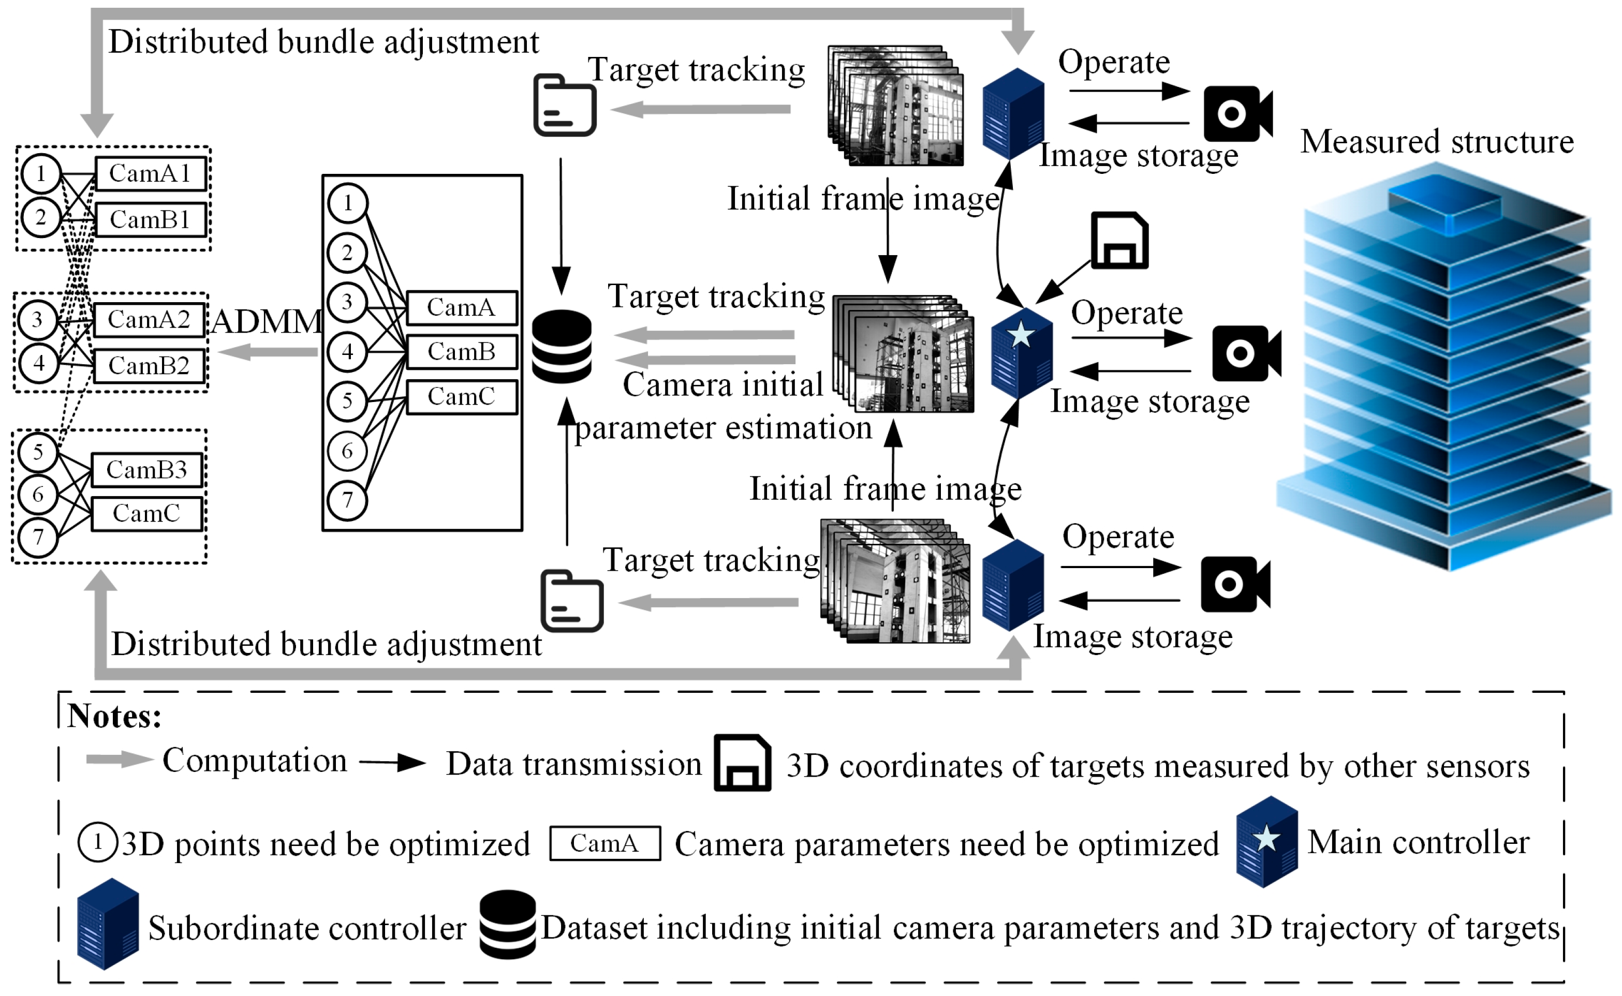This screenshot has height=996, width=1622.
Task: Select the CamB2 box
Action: pos(149,366)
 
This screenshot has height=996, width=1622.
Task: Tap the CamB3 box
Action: pos(146,470)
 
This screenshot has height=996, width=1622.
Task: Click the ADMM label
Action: pos(267,322)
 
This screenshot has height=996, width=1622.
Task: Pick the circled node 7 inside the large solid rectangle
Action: pos(347,501)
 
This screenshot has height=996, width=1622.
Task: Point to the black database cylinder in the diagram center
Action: pos(562,347)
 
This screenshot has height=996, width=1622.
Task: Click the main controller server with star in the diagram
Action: pos(1021,352)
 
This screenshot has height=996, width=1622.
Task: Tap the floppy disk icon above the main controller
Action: pos(1119,241)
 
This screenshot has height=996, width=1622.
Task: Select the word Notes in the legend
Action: pos(114,717)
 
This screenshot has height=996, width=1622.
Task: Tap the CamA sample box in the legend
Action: pos(605,844)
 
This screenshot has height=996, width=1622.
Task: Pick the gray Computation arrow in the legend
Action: pos(119,760)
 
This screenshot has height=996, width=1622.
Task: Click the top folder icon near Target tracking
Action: pos(565,106)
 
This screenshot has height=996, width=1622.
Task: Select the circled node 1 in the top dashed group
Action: pos(41,174)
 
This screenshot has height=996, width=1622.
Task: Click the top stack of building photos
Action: pos(896,106)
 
